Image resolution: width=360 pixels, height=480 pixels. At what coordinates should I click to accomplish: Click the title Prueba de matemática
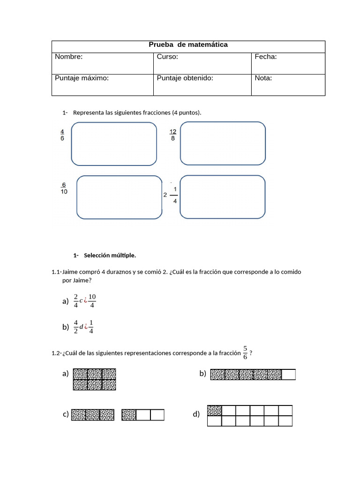pyautogui.click(x=188, y=45)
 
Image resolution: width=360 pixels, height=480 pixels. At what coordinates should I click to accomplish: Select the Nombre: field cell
pyautogui.click(x=102, y=63)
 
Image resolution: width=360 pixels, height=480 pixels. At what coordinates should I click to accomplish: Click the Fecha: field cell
pyautogui.click(x=288, y=63)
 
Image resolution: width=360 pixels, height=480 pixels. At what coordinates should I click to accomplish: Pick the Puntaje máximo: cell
pyautogui.click(x=102, y=85)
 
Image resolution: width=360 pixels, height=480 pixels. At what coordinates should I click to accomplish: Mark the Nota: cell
pyautogui.click(x=288, y=85)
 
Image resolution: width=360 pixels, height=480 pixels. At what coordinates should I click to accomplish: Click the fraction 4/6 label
pyautogui.click(x=62, y=135)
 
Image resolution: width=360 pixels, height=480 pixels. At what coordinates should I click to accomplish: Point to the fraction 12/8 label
pyautogui.click(x=173, y=135)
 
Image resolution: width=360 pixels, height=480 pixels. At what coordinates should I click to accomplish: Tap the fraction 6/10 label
pyautogui.click(x=64, y=187)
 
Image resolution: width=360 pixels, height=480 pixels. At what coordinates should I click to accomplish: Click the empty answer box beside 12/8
pyautogui.click(x=223, y=143)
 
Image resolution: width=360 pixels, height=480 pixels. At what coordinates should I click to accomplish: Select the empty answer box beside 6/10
pyautogui.click(x=119, y=197)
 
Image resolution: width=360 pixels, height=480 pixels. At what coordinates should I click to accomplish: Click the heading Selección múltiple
pyautogui.click(x=110, y=255)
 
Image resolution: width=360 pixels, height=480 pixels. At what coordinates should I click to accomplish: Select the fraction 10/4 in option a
pyautogui.click(x=92, y=301)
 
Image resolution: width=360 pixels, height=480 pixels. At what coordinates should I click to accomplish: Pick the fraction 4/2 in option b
pyautogui.click(x=76, y=327)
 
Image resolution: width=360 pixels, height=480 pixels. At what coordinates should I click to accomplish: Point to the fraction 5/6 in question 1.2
pyautogui.click(x=245, y=352)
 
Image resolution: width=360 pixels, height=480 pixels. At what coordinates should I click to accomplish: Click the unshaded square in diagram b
pyautogui.click(x=289, y=375)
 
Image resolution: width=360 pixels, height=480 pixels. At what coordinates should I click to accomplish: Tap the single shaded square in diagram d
pyautogui.click(x=214, y=411)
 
